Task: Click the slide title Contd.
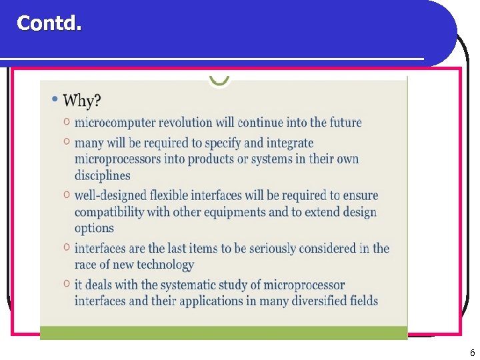coord(49,24)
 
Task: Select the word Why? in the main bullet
coord(82,101)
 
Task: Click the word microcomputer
coord(115,123)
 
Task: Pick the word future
coord(344,123)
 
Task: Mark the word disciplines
coord(103,175)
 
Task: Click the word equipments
coord(248,212)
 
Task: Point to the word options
coord(94,228)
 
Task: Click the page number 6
coord(472,353)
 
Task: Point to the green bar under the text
coord(223,333)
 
